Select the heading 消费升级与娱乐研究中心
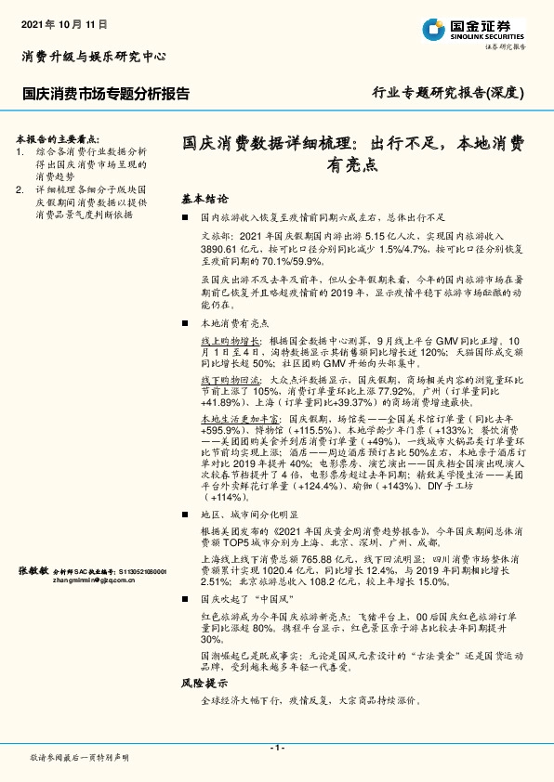point(93,57)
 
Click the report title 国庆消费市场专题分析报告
point(106,94)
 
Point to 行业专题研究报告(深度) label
point(448,93)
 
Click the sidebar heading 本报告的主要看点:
point(61,136)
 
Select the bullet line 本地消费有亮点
point(234,323)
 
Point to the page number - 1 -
point(276,747)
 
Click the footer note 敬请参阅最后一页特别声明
point(80,759)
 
